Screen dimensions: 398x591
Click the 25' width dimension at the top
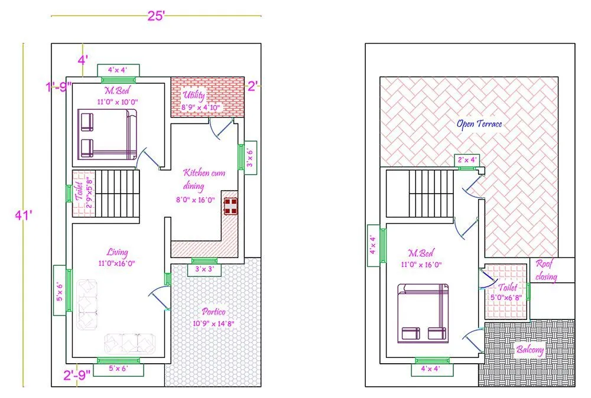[x=156, y=16]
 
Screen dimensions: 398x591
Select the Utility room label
[x=194, y=96]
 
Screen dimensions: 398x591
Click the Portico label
[x=212, y=312]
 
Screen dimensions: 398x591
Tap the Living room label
[x=118, y=253]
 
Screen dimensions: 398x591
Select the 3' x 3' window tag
[x=204, y=270]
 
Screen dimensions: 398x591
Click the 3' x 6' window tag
[x=250, y=158]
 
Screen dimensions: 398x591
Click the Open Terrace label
[x=479, y=124]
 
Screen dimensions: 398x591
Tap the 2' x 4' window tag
[x=467, y=160]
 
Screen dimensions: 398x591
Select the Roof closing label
[x=546, y=270]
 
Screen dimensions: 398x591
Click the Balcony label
[x=530, y=350]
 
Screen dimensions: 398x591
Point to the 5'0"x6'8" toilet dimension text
[x=505, y=298]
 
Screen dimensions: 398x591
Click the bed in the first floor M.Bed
[x=423, y=313]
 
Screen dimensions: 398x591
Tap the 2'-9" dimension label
[x=77, y=373]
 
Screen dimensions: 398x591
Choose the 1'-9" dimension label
[x=59, y=86]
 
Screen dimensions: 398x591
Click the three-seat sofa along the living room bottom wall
[x=129, y=342]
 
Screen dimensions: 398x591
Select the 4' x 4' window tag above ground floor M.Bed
[x=117, y=70]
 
